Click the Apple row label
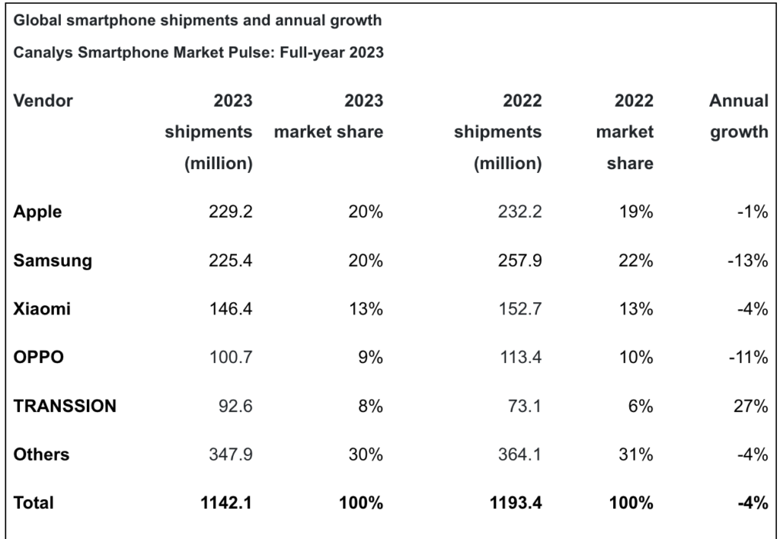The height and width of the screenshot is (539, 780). (37, 212)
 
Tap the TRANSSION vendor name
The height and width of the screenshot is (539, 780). (65, 407)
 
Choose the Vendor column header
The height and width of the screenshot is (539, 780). (43, 100)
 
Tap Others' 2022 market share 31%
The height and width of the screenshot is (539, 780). (637, 454)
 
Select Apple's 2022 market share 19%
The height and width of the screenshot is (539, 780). (637, 212)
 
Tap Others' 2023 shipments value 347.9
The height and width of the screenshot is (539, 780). (231, 454)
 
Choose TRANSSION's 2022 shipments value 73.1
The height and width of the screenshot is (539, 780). (524, 407)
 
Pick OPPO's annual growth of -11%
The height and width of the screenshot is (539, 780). (747, 358)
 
